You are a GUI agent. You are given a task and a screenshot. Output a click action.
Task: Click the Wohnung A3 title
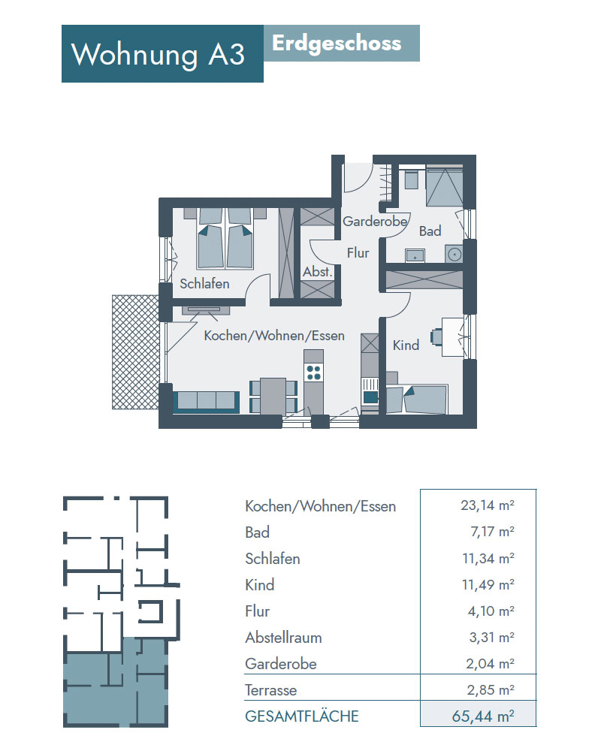click(159, 54)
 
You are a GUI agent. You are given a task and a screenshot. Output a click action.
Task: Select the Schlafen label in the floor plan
click(204, 284)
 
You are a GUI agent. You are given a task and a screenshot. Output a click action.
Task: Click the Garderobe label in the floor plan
click(375, 222)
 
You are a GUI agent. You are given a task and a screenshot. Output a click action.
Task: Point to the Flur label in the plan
click(358, 252)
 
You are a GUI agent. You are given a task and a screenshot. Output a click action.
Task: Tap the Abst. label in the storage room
click(317, 272)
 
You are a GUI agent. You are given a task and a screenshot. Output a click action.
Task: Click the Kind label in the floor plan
click(406, 345)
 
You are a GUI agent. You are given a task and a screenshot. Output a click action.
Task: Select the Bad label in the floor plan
click(430, 231)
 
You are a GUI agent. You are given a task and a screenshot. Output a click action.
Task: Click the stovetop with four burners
click(314, 372)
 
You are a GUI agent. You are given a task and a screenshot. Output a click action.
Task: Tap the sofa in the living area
click(207, 402)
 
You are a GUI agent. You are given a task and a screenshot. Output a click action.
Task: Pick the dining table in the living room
click(273, 396)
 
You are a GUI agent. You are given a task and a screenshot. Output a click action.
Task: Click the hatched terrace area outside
click(135, 352)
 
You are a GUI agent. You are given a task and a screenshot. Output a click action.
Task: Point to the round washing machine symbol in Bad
click(455, 253)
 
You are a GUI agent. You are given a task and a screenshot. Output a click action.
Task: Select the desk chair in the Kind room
click(436, 336)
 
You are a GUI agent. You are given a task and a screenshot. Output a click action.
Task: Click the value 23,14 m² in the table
click(488, 505)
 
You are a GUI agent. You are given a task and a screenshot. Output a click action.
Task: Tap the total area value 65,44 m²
click(483, 716)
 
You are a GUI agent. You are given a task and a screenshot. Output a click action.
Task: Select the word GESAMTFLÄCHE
click(302, 716)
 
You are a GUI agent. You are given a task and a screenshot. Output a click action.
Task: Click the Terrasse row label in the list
click(270, 690)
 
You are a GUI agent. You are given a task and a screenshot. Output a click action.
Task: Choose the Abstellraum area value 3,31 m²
click(492, 638)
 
